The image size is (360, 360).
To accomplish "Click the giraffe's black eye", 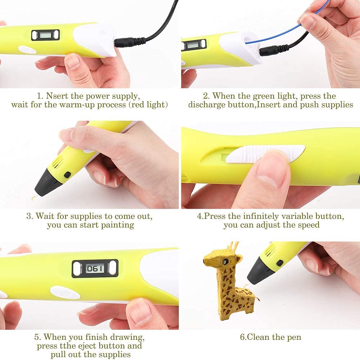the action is coord(225,261).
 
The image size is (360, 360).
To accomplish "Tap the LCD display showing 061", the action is coord(95,269).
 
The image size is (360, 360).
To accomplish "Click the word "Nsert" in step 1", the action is coord(57,96).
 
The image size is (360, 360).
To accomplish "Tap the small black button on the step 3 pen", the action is coord(67,175).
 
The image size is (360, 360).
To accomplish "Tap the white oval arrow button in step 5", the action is coord(65,293).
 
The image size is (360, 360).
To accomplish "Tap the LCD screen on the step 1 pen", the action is coord(45,35).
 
